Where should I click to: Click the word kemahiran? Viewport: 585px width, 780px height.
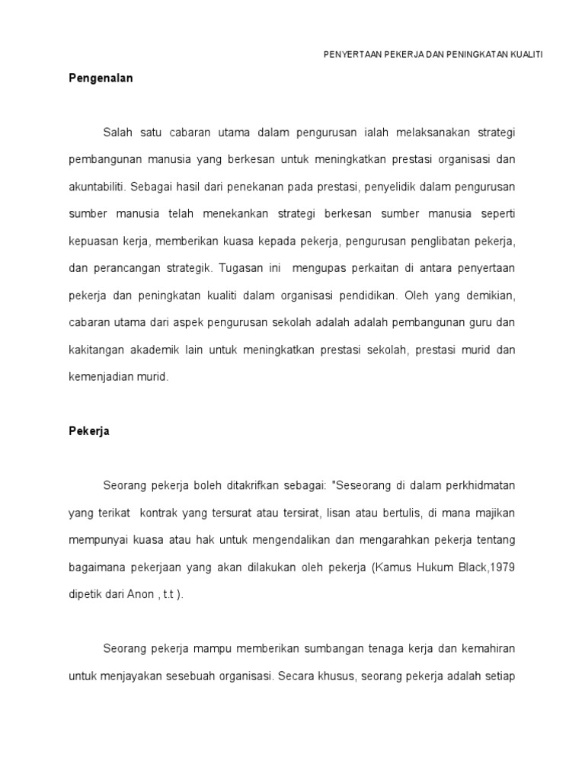click(x=487, y=648)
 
